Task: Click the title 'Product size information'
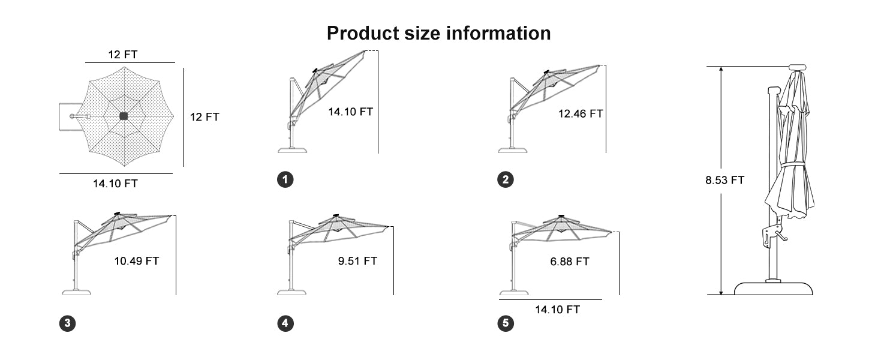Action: [438, 33]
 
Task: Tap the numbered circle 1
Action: [285, 179]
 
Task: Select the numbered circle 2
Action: [506, 179]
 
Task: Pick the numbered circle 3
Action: [67, 323]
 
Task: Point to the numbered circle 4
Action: [285, 323]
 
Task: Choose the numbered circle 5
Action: [506, 323]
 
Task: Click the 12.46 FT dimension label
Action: [581, 114]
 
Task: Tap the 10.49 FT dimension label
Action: [136, 261]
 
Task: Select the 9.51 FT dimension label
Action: [357, 261]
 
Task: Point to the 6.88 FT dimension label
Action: [570, 262]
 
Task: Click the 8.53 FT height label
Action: [724, 180]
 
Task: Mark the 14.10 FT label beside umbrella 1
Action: [350, 112]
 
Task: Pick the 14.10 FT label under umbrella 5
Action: [557, 310]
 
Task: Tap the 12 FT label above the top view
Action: [123, 55]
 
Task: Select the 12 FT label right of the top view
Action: [205, 117]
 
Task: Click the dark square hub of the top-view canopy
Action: [124, 116]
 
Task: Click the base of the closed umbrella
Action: [773, 288]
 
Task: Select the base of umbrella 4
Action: [291, 292]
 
